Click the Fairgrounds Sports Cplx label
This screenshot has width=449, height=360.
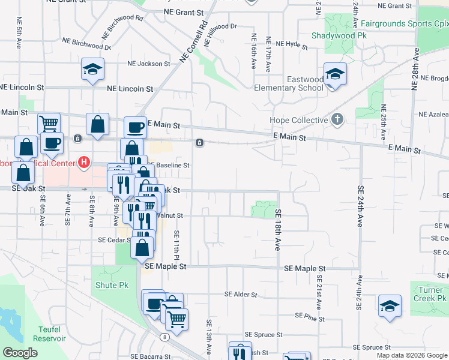click(405, 24)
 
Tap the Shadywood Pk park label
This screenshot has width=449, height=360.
click(339, 35)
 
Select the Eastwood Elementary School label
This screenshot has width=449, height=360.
click(297, 83)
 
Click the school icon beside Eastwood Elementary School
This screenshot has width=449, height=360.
click(335, 75)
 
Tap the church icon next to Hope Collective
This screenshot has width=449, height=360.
click(337, 119)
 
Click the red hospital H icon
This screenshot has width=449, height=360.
click(84, 163)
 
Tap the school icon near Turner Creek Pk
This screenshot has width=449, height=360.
click(390, 307)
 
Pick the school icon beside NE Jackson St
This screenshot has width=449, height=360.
click(93, 70)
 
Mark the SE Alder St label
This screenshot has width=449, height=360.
click(241, 295)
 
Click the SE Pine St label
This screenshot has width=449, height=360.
click(310, 316)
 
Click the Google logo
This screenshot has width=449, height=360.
click(20, 353)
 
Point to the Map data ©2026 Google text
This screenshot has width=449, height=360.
click(411, 355)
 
